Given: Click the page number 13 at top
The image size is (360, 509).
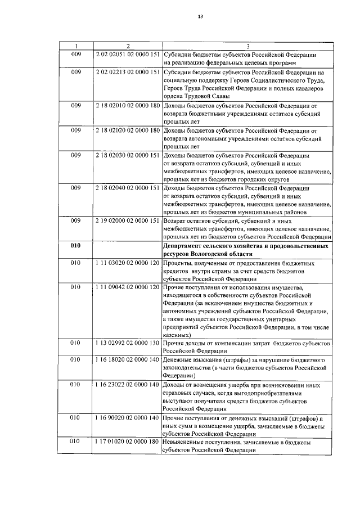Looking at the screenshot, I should (200, 16).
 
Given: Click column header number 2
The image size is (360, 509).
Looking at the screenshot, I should (128, 46).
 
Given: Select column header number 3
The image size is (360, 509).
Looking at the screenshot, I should (248, 46).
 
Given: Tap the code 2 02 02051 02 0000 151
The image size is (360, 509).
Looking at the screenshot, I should (128, 55).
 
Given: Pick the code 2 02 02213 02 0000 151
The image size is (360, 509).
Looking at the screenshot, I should (128, 73).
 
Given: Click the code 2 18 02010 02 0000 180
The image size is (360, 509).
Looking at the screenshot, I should (128, 105).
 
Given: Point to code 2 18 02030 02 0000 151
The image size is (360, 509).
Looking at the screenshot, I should (128, 155).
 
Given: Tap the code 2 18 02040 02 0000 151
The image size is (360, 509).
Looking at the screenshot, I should (128, 187).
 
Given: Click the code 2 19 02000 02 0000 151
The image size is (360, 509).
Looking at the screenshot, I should (128, 220).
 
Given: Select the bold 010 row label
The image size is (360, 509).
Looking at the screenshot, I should (75, 246).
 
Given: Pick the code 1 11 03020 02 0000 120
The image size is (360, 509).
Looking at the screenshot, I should (128, 262).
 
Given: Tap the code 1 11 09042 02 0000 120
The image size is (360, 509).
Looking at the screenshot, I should (128, 287).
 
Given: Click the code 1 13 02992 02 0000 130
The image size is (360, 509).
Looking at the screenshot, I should (128, 343).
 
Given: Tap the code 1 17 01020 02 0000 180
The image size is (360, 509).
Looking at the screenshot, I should (128, 443).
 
